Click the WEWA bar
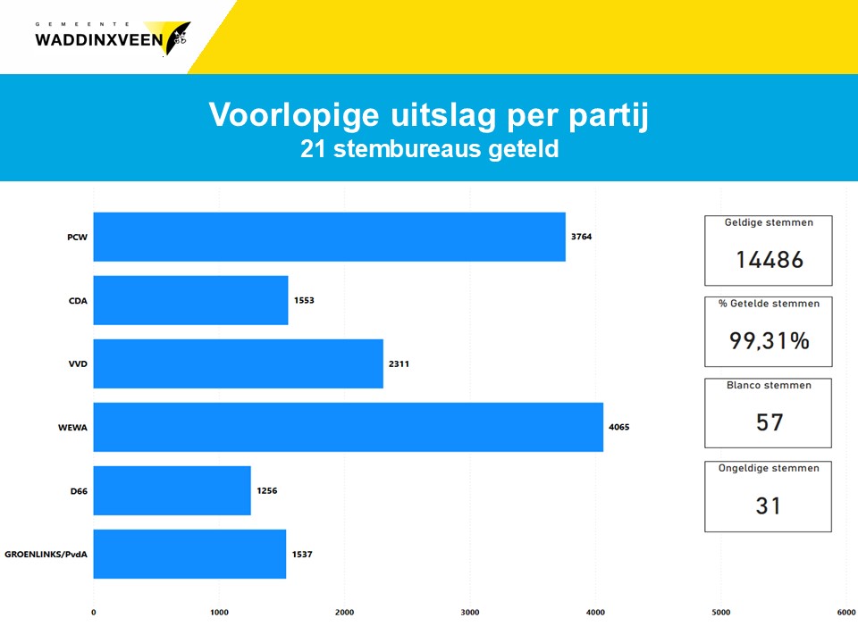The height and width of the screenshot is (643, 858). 348,427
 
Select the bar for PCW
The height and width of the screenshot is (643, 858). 330,237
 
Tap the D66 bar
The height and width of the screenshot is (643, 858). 172,490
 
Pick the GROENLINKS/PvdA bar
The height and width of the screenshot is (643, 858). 189,554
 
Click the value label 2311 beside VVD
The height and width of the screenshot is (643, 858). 399,364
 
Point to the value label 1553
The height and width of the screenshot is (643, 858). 304,300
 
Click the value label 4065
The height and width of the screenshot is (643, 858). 618,427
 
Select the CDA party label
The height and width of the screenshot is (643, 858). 78,301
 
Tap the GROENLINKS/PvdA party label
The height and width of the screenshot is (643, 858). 46,555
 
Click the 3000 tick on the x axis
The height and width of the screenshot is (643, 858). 470,613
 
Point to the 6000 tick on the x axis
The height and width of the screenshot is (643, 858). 846,613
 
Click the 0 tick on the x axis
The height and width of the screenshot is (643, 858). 94,613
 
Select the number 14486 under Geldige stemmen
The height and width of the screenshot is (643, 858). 770,260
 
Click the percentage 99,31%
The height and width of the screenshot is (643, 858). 770,341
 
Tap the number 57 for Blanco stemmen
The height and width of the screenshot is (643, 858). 770,422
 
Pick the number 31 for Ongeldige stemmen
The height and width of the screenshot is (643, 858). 769,505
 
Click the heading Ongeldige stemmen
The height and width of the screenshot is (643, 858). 769,469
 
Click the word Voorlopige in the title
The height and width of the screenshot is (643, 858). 294,115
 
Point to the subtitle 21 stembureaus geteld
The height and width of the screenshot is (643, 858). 430,149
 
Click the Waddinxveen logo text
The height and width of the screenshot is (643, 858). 99,40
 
